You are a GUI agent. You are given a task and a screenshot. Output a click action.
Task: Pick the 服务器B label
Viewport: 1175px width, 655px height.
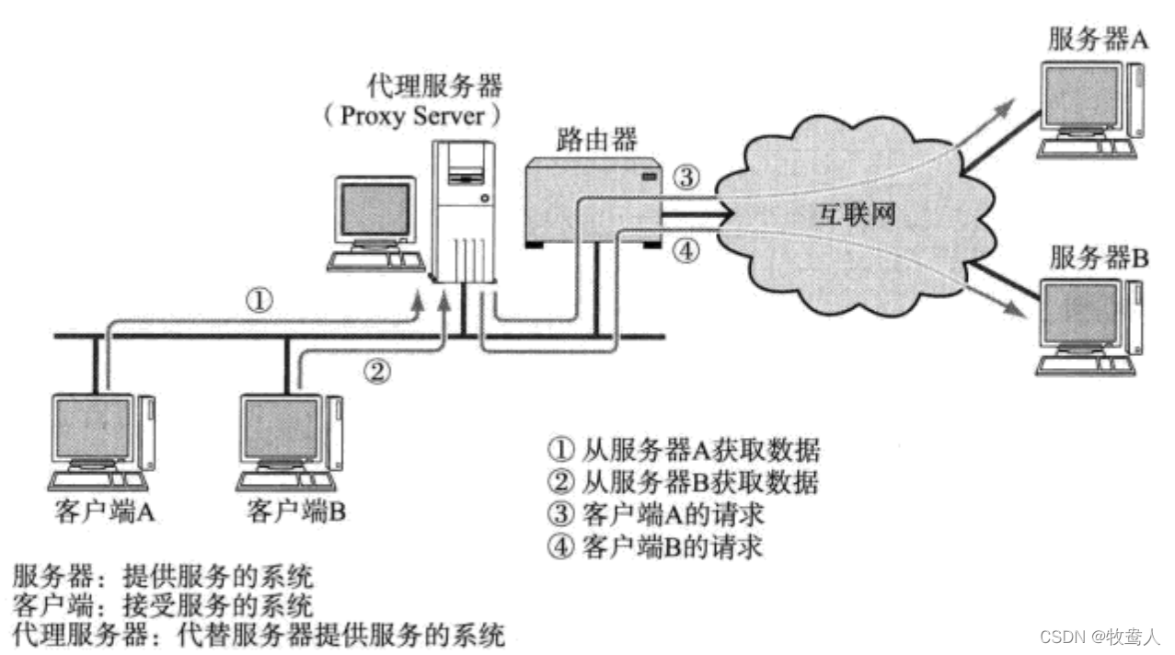point(1099,259)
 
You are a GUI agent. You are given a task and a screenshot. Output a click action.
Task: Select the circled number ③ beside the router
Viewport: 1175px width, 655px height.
point(686,174)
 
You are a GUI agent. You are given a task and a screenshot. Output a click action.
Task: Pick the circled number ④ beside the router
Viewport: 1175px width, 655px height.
point(686,248)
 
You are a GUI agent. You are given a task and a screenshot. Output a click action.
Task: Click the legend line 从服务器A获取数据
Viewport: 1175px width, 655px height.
point(683,451)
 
